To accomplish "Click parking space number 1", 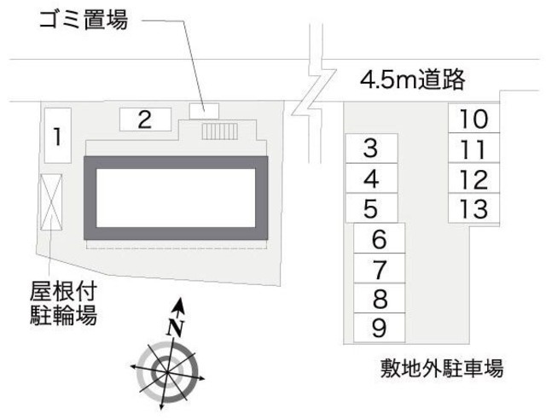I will [56, 135].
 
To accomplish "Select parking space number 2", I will [145, 120].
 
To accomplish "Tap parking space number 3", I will [370, 149].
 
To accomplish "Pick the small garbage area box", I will [204, 110].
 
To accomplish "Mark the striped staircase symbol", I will [220, 130].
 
